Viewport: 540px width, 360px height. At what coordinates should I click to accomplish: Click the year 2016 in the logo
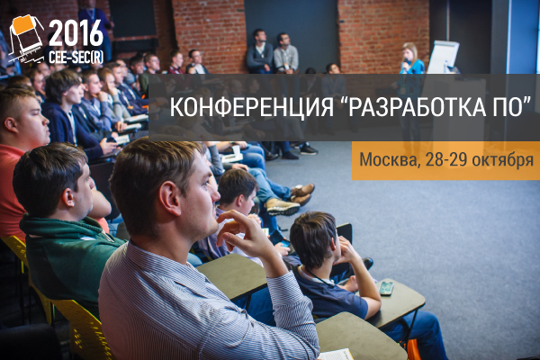pyautogui.click(x=76, y=33)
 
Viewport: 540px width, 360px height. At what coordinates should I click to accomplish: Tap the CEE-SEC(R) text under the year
pyautogui.click(x=76, y=58)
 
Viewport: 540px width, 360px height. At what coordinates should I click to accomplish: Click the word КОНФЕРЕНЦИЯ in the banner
pyautogui.click(x=251, y=107)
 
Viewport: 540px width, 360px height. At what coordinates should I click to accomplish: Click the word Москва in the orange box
pyautogui.click(x=390, y=159)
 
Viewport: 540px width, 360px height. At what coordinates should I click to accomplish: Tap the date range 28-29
pyautogui.click(x=446, y=159)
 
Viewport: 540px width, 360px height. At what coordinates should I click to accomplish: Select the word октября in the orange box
pyautogui.click(x=502, y=160)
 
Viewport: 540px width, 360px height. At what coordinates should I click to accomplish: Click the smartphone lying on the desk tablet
pyautogui.click(x=386, y=288)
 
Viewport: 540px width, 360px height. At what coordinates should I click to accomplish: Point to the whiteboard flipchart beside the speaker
pyautogui.click(x=443, y=57)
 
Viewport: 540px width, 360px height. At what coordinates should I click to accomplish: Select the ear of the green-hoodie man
pyautogui.click(x=68, y=197)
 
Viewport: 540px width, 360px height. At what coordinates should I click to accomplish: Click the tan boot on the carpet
pyautogui.click(x=283, y=207)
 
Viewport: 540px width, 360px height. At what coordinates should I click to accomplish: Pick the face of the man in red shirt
pyautogui.click(x=35, y=121)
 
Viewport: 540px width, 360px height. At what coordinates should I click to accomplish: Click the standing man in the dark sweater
pyautogui.click(x=260, y=51)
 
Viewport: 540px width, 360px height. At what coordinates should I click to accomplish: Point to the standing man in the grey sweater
pyautogui.click(x=286, y=53)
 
